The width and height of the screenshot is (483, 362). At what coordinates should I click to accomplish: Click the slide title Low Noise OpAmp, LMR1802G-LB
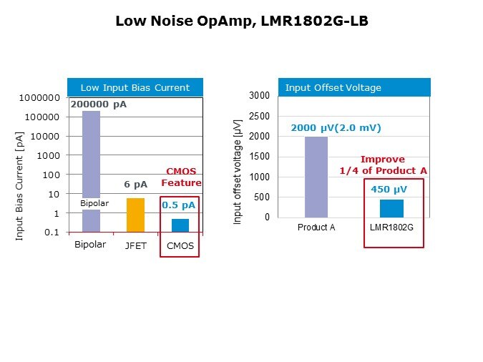coord(241,21)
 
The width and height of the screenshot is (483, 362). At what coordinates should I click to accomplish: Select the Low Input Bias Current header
coord(135,87)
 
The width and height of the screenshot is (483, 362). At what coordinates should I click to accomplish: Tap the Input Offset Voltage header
coord(333,87)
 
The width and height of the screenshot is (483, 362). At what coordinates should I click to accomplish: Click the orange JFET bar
coord(135,215)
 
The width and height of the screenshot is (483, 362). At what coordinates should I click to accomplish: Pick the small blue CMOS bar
coord(180,225)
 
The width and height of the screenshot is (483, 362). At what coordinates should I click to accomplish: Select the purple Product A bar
coord(316,177)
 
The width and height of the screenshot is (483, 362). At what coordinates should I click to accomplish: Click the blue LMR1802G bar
coord(391,208)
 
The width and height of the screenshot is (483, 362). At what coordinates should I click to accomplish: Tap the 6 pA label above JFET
coord(135,185)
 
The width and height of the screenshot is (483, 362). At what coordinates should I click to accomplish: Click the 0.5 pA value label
coord(178,205)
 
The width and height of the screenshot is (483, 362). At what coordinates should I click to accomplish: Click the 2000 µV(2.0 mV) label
coord(336,128)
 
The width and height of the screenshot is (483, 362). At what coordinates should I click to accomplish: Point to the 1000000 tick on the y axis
coord(39,97)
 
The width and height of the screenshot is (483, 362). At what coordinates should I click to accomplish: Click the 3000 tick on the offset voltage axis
coord(259,96)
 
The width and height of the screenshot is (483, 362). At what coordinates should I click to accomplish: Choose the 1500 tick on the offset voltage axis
coord(259,157)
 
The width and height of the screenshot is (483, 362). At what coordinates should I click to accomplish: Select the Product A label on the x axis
coord(316,228)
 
